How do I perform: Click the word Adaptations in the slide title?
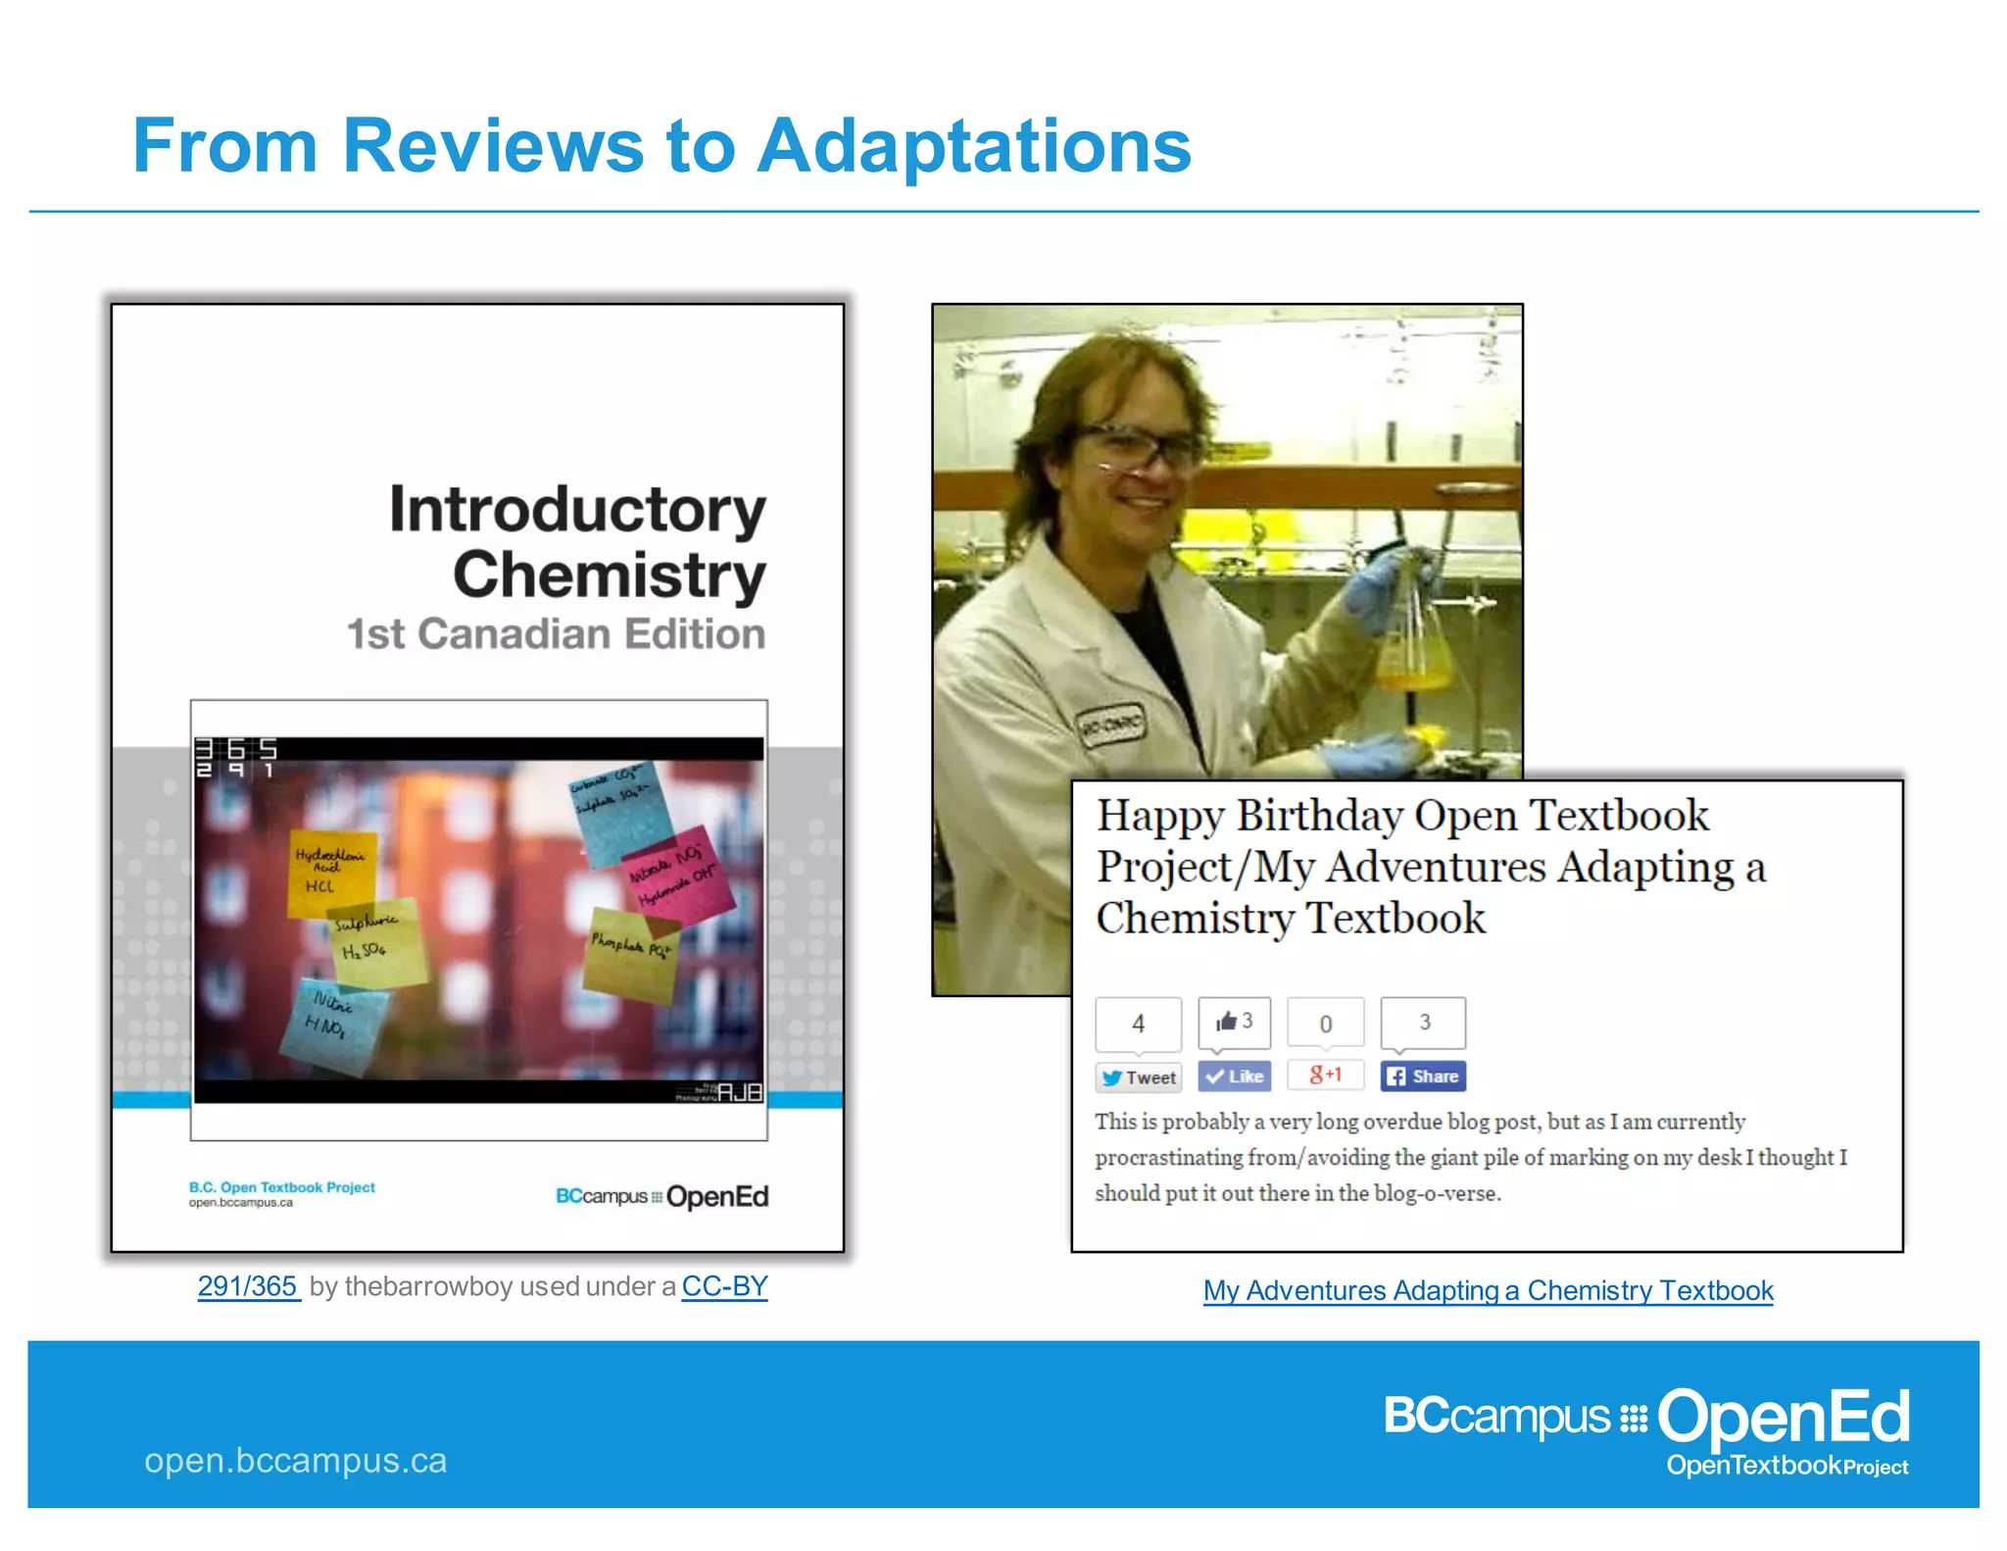tap(974, 147)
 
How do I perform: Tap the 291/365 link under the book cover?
tap(248, 1285)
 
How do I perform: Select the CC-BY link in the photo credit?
tap(724, 1285)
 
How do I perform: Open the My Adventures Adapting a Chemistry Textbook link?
tap(1488, 1290)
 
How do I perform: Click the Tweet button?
tap(1139, 1077)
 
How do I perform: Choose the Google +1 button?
tap(1325, 1075)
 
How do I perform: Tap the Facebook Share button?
tap(1423, 1076)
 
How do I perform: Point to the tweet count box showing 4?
tap(1138, 1024)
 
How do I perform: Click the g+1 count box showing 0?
tap(1325, 1024)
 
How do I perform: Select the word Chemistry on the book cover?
tap(609, 575)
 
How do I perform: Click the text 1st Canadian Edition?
tap(556, 634)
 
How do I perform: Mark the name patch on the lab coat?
tap(1111, 726)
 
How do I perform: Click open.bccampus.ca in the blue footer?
tap(295, 1460)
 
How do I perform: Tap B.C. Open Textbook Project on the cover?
tap(282, 1187)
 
